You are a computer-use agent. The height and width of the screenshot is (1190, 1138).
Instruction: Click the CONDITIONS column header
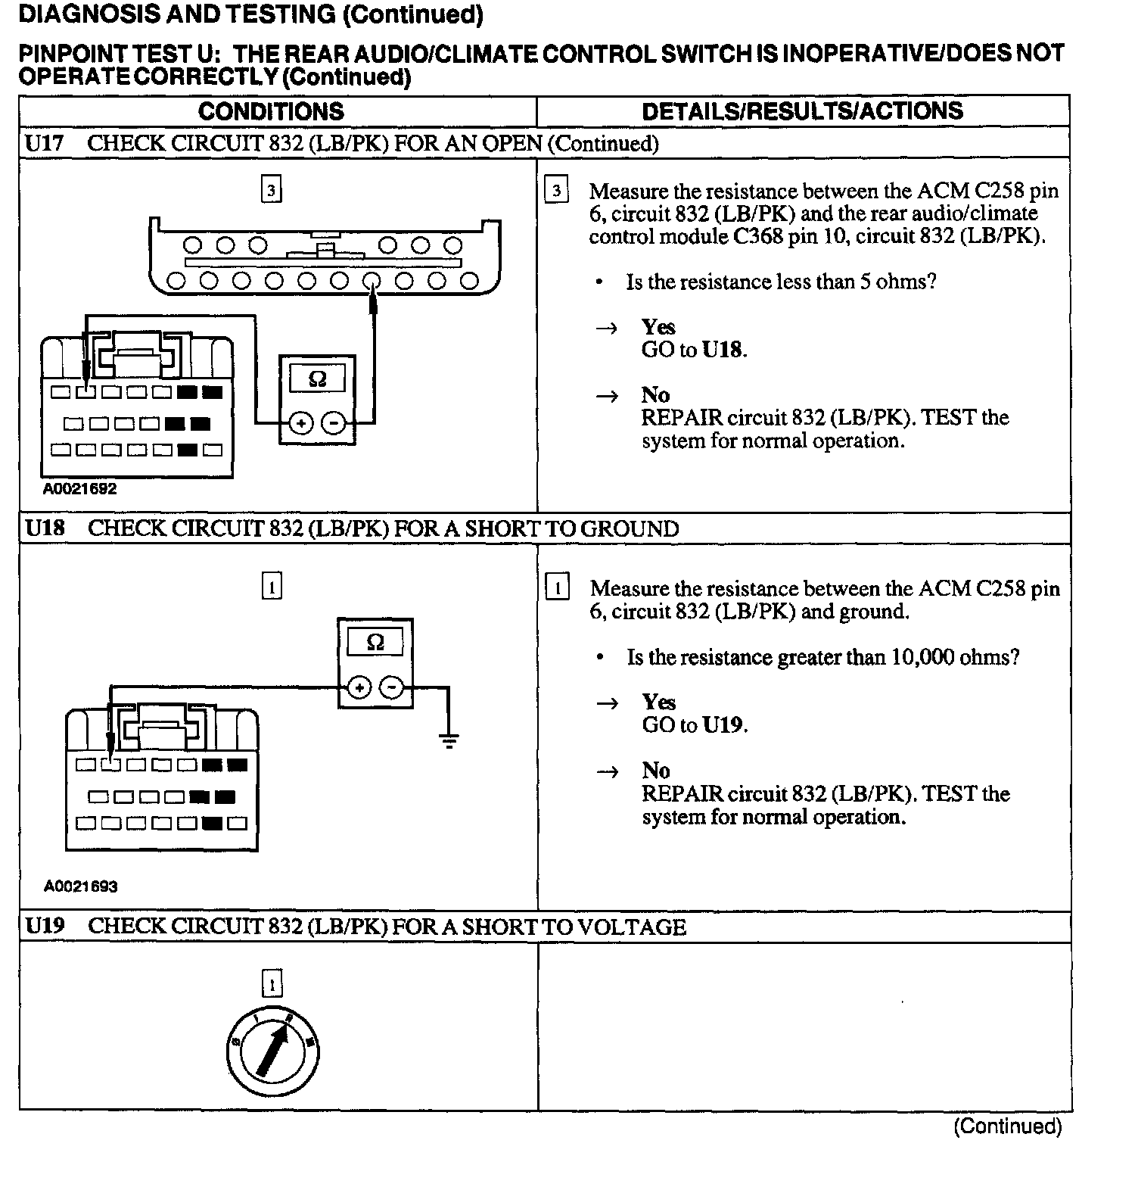271,111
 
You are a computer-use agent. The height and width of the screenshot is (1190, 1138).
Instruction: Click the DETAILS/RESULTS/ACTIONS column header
802,111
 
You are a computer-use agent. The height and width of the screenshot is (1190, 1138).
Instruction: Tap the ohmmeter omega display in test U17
317,378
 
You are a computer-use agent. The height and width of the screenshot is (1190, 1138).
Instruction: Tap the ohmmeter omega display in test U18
375,643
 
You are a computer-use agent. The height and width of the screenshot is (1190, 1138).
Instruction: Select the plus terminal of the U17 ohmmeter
301,423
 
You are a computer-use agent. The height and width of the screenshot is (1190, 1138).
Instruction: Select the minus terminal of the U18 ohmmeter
391,687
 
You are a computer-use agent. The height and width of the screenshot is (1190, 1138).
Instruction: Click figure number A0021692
80,489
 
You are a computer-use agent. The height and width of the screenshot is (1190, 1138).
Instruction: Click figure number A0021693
81,886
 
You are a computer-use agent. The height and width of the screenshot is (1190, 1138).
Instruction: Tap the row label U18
45,528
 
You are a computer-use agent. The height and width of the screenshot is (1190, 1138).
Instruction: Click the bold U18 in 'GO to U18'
723,350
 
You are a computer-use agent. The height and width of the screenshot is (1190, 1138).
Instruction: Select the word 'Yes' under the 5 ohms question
658,327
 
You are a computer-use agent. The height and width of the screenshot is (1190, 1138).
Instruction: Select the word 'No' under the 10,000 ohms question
656,771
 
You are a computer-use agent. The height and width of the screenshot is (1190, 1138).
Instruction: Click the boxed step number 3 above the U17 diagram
271,189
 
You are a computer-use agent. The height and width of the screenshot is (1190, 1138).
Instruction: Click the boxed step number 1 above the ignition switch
272,984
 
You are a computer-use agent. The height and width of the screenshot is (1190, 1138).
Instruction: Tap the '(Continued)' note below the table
1007,1126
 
